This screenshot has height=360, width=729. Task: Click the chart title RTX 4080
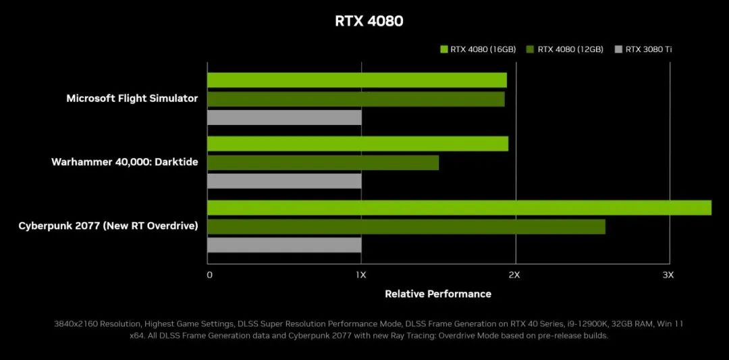[369, 21]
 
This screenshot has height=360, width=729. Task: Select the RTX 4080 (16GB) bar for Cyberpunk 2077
[459, 208]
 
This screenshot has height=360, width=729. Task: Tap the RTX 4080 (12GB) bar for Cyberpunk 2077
[406, 227]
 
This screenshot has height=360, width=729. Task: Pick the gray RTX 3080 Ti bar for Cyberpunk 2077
[284, 245]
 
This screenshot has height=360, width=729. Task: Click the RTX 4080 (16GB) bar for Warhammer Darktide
[357, 144]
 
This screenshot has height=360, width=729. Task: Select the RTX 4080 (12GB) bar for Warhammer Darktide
[323, 163]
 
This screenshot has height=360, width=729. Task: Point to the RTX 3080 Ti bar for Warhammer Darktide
[284, 181]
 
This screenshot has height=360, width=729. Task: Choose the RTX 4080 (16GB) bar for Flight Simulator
[356, 80]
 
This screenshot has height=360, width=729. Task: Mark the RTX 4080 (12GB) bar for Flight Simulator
[356, 99]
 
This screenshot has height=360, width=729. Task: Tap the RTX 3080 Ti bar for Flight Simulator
[284, 118]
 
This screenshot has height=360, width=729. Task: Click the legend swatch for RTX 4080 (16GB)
[443, 49]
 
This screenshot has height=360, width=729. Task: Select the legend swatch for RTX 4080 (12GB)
[531, 49]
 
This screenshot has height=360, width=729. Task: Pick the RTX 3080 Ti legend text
[648, 49]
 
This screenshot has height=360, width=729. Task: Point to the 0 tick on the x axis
[209, 275]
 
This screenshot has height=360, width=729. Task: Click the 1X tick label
[361, 275]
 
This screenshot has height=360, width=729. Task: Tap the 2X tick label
[514, 275]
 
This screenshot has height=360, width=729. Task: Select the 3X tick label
[668, 275]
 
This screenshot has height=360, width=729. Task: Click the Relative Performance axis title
[438, 294]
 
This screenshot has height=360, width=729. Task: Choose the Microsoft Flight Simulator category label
[132, 99]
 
